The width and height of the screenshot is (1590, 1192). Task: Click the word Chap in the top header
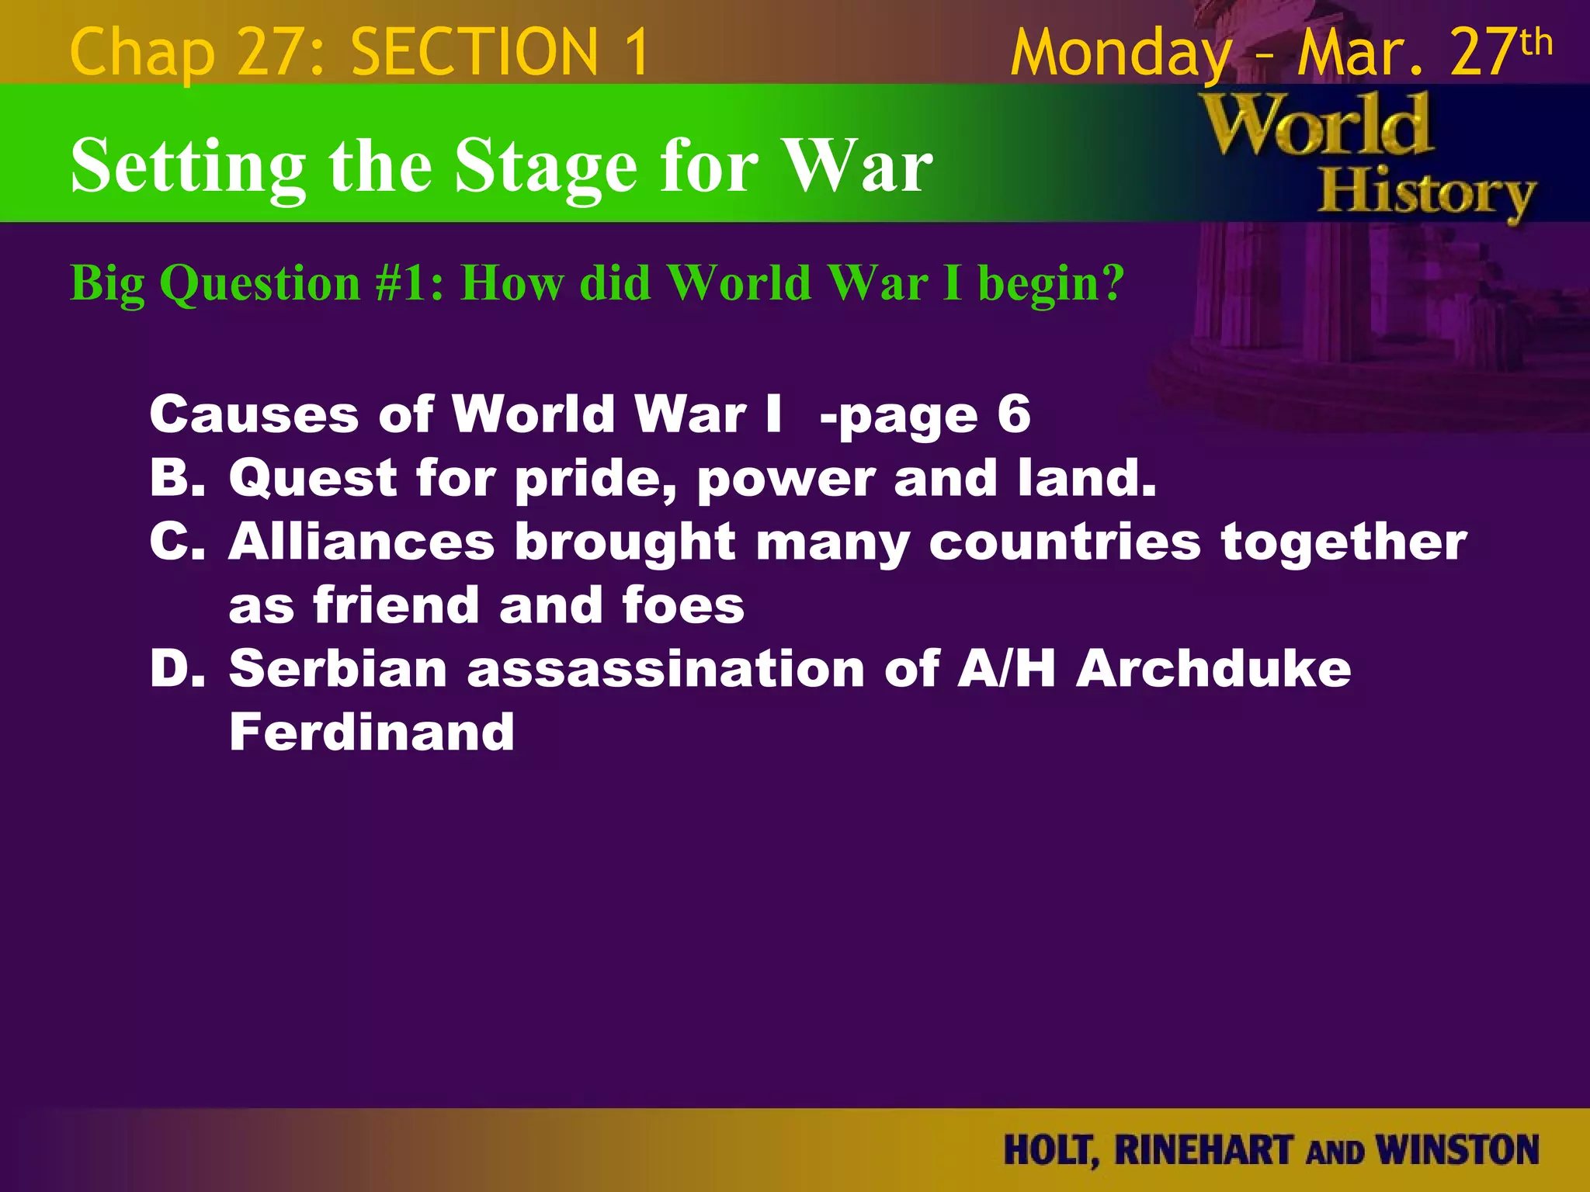click(x=141, y=53)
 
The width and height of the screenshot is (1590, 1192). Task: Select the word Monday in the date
click(x=1120, y=53)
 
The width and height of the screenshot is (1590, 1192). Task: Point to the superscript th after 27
click(x=1536, y=42)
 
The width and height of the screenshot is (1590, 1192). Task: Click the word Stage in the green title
click(x=546, y=166)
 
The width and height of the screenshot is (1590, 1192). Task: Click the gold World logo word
click(x=1316, y=126)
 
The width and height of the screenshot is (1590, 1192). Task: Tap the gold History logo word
click(x=1426, y=194)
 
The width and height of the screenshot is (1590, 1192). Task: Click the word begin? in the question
click(x=1050, y=284)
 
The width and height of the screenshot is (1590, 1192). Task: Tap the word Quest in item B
click(x=313, y=478)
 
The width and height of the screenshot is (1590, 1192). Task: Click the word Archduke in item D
click(x=1213, y=668)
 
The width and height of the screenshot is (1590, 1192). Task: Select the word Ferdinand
click(x=372, y=732)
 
